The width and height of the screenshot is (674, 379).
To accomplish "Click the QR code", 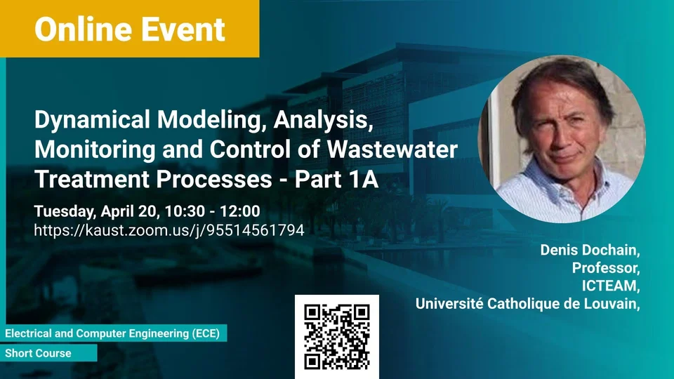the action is click(337, 337).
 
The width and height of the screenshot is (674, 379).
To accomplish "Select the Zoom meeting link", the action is click(169, 230).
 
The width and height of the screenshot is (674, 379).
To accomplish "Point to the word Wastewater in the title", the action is click(392, 149).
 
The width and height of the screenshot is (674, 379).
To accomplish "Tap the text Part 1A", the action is click(336, 179).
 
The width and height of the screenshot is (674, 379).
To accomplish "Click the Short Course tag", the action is click(38, 353).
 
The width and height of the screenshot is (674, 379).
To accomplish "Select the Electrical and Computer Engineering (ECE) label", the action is click(112, 333).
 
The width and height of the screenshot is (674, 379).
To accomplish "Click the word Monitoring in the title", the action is click(95, 149).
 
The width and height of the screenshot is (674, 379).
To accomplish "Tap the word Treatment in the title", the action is click(91, 179).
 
